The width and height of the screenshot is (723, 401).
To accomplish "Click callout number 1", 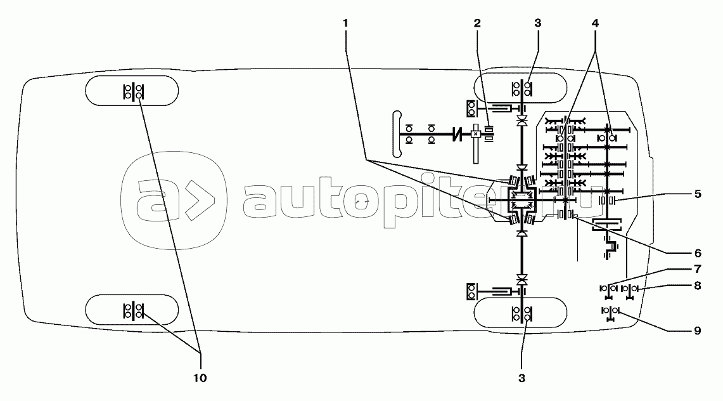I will tap(345, 23).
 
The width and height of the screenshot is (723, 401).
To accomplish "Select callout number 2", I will tap(477, 23).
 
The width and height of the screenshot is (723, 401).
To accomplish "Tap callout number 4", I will tap(595, 23).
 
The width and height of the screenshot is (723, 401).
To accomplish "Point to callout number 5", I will tap(697, 194).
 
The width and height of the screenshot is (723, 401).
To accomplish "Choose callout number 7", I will tap(697, 269).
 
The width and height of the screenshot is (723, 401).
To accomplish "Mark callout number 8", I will tap(697, 286).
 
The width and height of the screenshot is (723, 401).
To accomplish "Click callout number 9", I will tap(697, 330).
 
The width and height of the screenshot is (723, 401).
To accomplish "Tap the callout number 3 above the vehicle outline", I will tap(537, 23).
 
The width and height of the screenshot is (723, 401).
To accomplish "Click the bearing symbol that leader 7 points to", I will tap(608, 289).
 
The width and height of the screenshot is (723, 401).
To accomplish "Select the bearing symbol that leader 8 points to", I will tap(630, 289).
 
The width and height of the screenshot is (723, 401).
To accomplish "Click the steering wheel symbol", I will tap(397, 134).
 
